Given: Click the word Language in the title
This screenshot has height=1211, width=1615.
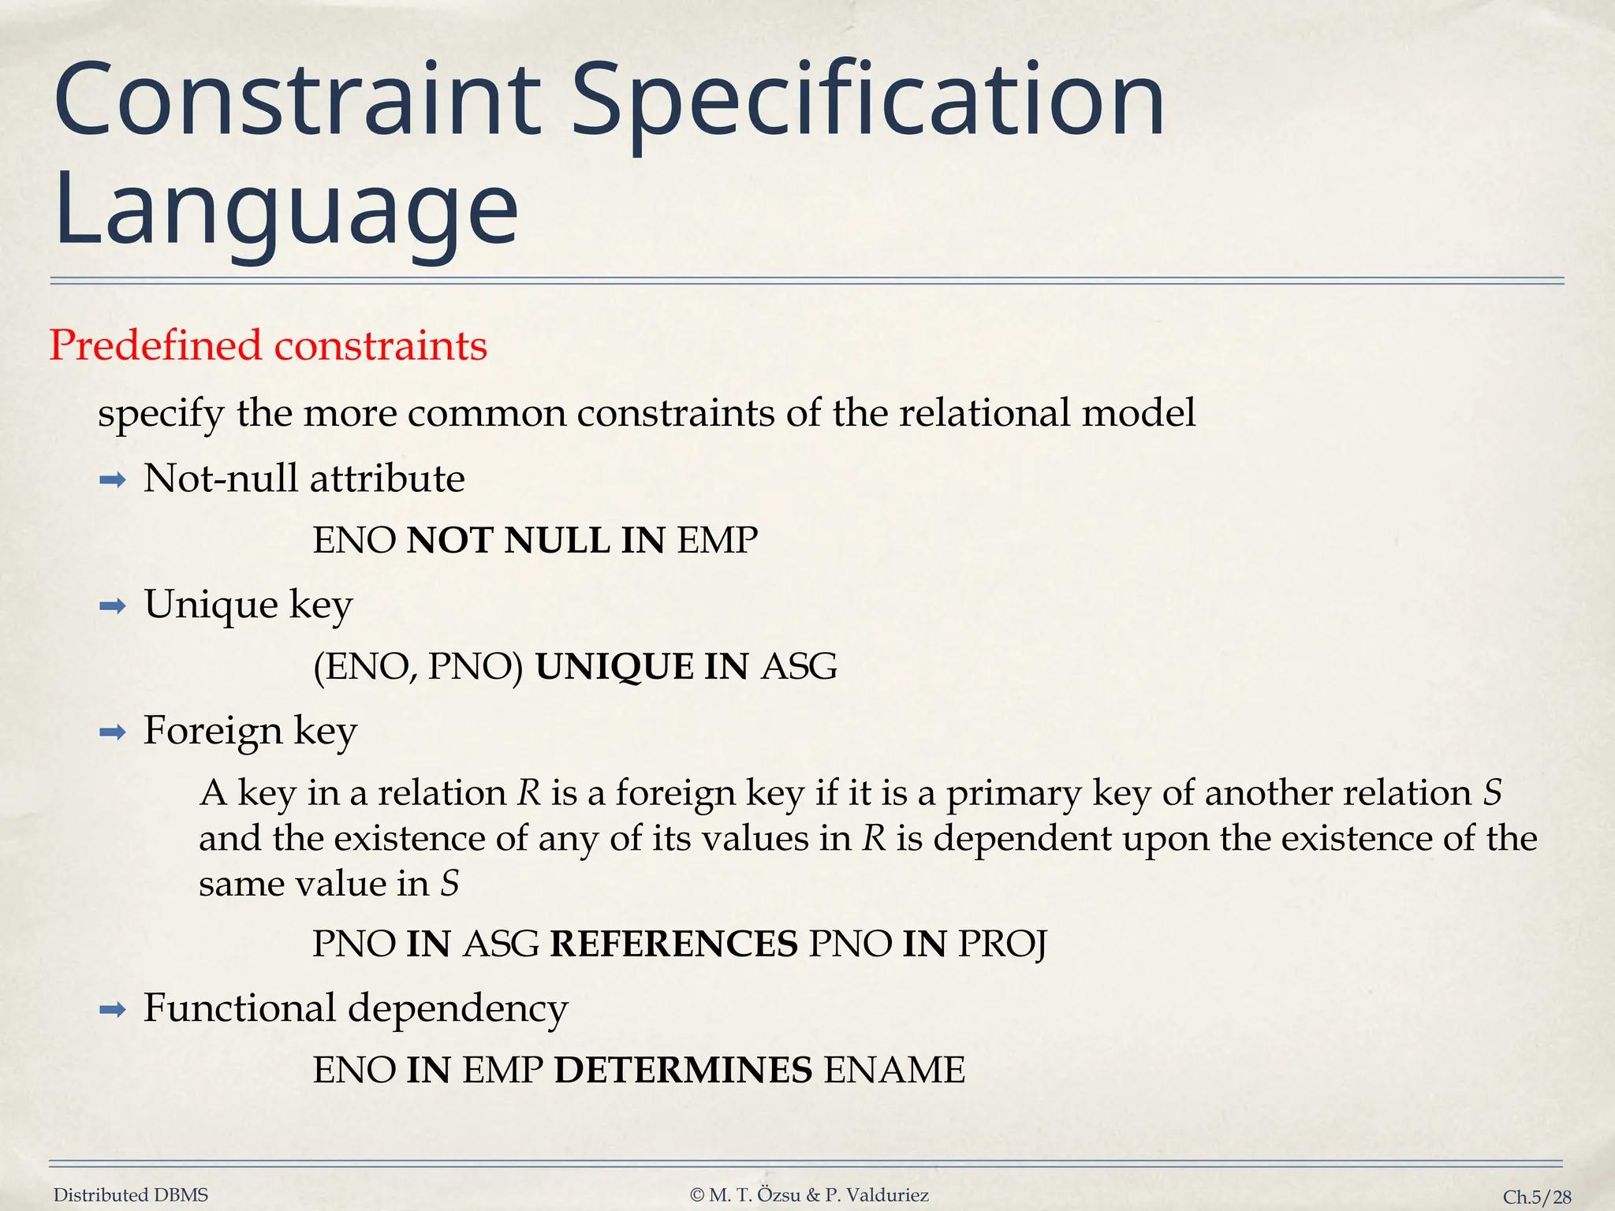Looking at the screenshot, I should tap(286, 209).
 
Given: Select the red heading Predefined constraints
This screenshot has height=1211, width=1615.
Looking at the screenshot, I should tap(268, 345).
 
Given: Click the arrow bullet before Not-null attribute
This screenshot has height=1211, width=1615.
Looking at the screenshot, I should tap(113, 480).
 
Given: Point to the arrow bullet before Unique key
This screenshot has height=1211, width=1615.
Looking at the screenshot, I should tap(113, 606).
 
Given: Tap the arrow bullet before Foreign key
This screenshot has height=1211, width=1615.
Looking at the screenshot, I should tap(113, 733).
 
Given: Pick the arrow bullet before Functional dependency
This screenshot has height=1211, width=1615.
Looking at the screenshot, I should tap(113, 1010).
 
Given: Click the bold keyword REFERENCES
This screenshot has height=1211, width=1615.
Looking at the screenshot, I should tap(673, 945).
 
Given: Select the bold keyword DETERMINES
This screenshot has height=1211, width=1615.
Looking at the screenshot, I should tap(683, 1071).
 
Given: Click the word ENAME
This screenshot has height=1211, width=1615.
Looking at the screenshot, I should tap(894, 1071).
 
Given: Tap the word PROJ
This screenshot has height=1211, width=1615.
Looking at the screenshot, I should tap(1002, 945).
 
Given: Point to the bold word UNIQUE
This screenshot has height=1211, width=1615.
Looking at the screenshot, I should tap(614, 667).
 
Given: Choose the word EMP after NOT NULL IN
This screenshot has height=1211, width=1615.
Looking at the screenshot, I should tap(717, 541).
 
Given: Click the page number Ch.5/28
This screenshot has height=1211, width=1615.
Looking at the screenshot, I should tap(1537, 1198).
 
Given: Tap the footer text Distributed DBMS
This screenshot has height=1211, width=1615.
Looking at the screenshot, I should tap(131, 1195).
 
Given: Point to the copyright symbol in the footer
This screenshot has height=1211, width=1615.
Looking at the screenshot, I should tap(696, 1196).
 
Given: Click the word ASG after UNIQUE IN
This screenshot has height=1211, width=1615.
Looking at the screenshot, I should tap(799, 667).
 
